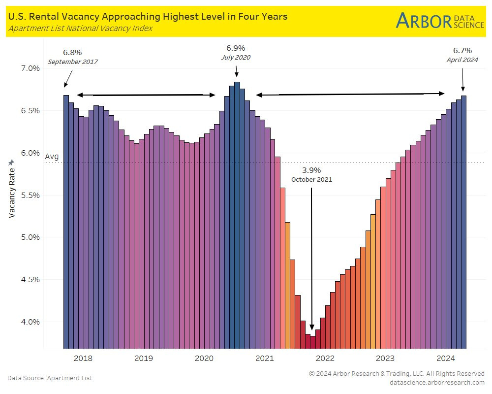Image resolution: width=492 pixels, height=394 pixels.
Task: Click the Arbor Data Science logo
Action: coord(440,21)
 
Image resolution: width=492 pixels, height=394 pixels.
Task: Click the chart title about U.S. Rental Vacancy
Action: coord(148,17)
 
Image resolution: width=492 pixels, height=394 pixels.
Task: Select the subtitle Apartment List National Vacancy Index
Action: coord(80,28)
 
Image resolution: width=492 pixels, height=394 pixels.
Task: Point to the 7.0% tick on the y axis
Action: coord(29,68)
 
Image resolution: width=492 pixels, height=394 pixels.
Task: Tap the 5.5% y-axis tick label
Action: coord(29,195)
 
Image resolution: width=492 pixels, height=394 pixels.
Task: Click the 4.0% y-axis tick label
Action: coord(29,322)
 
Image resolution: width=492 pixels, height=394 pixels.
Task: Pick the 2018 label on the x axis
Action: coord(83,358)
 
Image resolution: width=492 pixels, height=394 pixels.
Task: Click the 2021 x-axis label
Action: coord(265,358)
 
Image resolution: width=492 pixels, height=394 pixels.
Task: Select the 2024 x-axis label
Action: coord(446,358)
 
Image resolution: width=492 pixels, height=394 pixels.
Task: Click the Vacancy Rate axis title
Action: coord(12,189)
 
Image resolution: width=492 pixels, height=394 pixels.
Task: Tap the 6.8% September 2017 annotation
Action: coord(73,57)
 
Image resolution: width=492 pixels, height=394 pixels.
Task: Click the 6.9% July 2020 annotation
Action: coord(236,52)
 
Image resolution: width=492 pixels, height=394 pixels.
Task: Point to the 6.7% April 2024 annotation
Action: coord(462,55)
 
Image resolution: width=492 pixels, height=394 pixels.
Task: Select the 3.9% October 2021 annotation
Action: coord(311,174)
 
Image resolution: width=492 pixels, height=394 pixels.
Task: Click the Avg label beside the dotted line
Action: coord(52,157)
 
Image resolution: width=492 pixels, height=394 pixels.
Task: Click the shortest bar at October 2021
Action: coord(312,342)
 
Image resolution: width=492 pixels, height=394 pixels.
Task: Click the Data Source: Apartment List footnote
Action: coord(50,378)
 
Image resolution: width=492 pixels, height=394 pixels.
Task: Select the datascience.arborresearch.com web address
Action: coord(437,382)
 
